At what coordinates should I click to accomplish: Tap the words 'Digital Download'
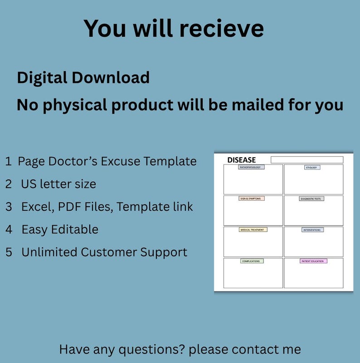click(83, 77)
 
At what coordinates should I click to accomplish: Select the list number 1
click(8, 161)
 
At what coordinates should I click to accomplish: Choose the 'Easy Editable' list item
click(60, 229)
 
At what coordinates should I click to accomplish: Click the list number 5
click(9, 252)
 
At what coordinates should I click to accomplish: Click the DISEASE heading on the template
click(241, 160)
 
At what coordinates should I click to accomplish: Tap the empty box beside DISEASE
click(307, 160)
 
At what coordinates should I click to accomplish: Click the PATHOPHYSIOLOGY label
click(251, 167)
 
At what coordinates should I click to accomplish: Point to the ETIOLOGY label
click(312, 167)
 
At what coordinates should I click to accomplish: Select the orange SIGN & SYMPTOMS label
click(251, 198)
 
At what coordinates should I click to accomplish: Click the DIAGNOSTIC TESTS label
click(312, 198)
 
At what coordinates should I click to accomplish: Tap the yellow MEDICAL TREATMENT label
click(253, 230)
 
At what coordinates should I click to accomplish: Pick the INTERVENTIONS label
click(312, 230)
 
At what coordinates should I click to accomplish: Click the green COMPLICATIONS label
click(252, 261)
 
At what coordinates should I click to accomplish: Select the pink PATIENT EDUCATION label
click(313, 261)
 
